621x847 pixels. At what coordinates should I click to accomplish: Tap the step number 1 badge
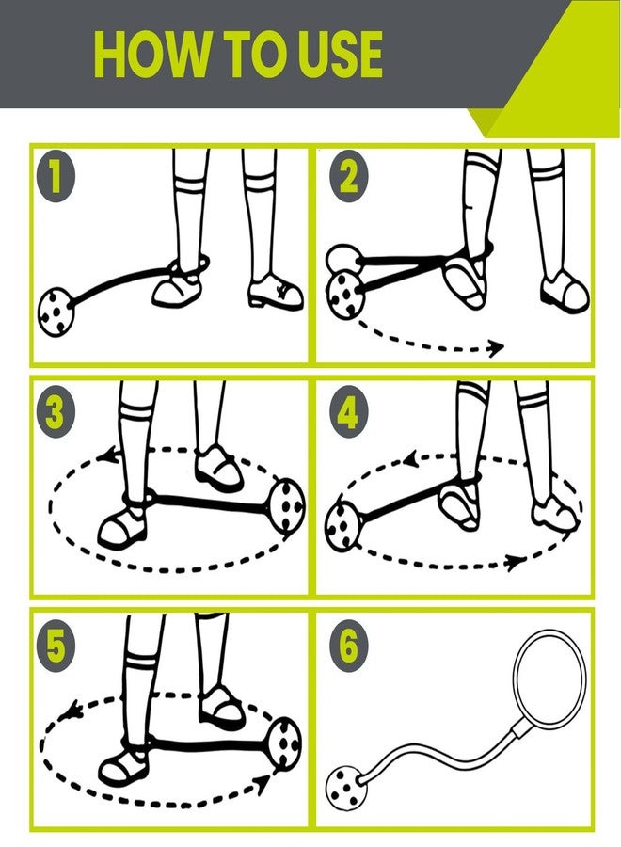click(x=55, y=177)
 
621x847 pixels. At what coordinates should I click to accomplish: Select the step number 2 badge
click(x=349, y=177)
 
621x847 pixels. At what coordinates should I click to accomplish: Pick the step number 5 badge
click(x=55, y=647)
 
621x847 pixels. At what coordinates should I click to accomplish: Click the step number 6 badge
click(x=349, y=647)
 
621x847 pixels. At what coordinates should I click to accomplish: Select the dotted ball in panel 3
click(x=287, y=505)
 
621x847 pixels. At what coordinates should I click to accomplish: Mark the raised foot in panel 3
click(x=218, y=468)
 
